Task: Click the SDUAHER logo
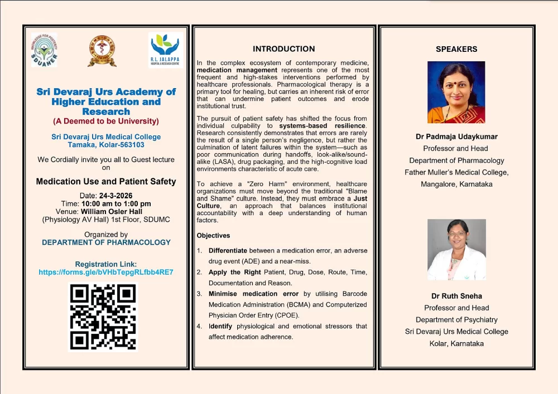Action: coord(44,50)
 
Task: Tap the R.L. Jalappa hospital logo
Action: coord(165,50)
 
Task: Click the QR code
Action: coord(103,317)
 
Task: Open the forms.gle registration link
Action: coord(106,273)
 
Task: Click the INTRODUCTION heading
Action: coord(283,49)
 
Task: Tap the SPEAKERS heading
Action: coord(456,49)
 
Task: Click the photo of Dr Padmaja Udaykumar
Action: coord(456,92)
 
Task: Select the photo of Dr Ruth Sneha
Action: coord(456,249)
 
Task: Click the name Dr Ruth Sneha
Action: coord(456,296)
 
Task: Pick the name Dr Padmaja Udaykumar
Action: coord(456,137)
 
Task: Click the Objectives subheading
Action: coord(213,236)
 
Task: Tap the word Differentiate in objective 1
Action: coord(228,251)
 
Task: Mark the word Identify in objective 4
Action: coord(221,326)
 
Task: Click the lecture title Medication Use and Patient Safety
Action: coord(106,182)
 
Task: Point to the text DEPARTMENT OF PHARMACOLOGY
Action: coord(106,242)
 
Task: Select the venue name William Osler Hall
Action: coord(112,212)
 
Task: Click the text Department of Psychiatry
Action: coord(456,320)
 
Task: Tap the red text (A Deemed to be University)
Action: coord(106,121)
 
